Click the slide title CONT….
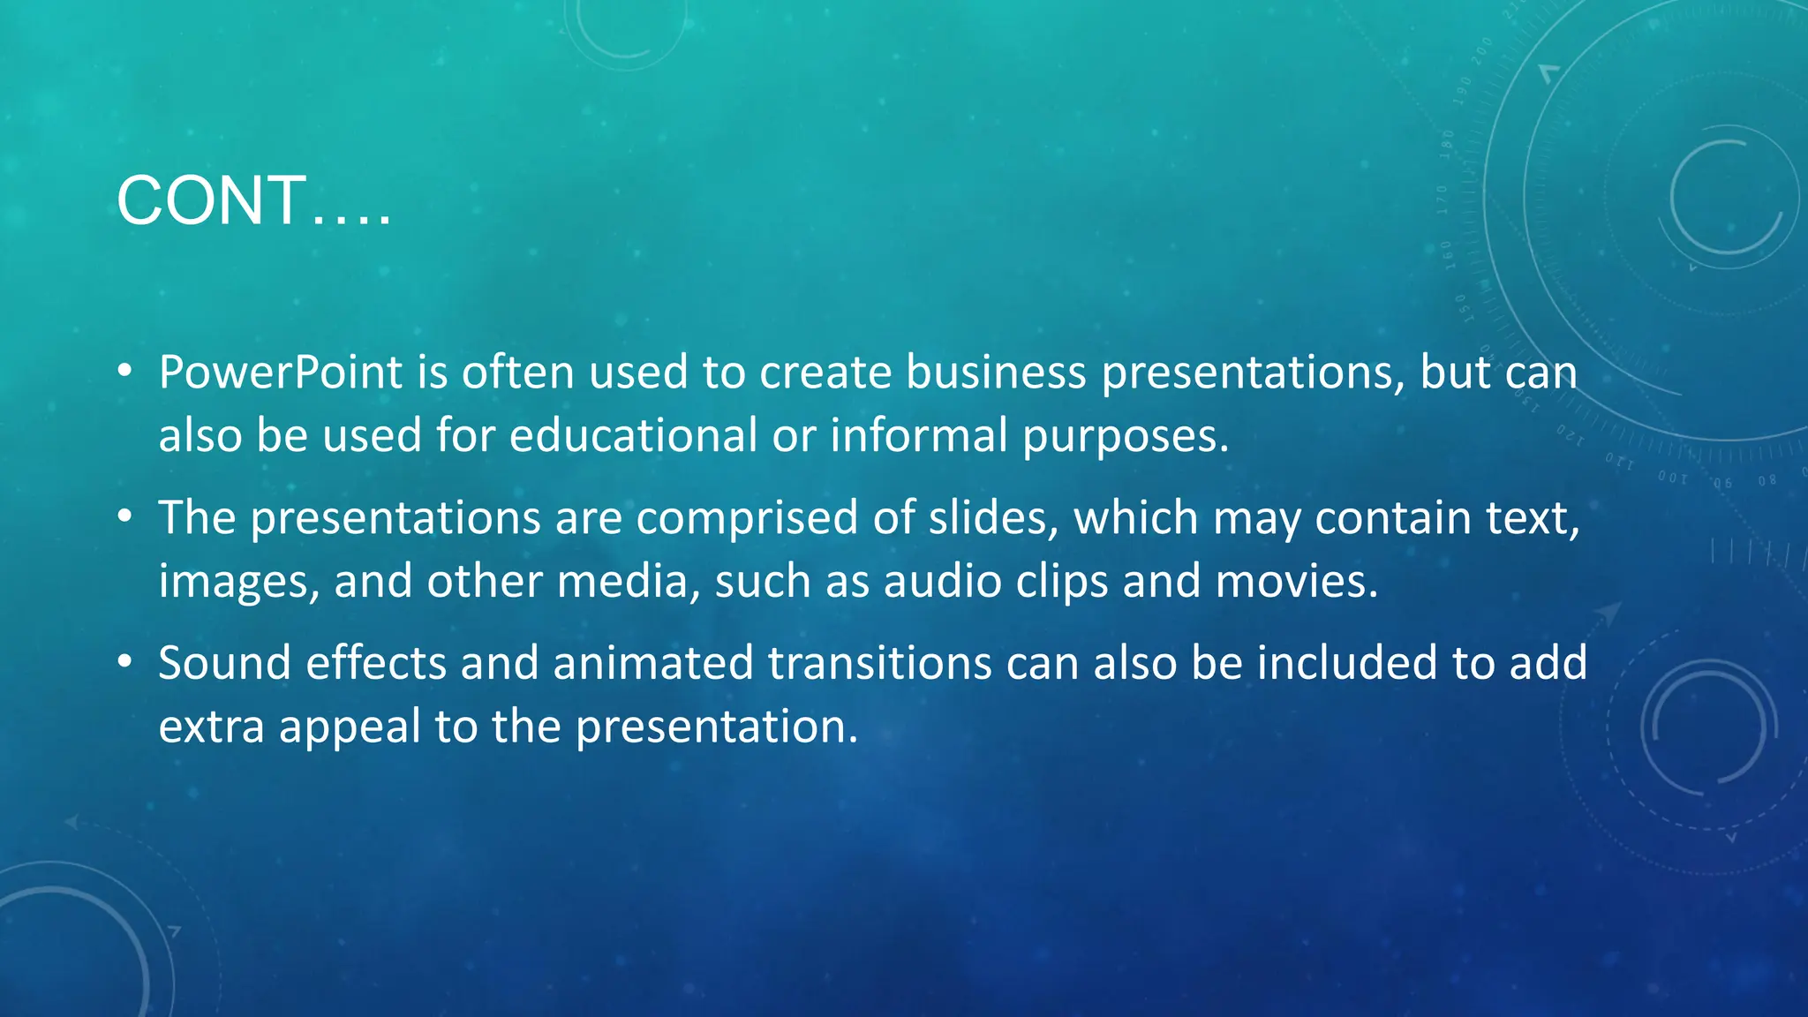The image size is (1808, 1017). (253, 201)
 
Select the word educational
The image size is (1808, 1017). (633, 436)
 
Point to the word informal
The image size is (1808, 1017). (918, 436)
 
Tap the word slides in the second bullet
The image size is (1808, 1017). (993, 518)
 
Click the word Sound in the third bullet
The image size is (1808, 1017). (224, 663)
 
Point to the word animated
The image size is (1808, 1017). (652, 663)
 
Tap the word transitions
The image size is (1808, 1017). (879, 663)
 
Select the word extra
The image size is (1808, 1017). (211, 727)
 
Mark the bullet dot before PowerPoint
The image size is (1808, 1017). (125, 371)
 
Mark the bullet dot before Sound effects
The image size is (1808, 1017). (125, 661)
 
